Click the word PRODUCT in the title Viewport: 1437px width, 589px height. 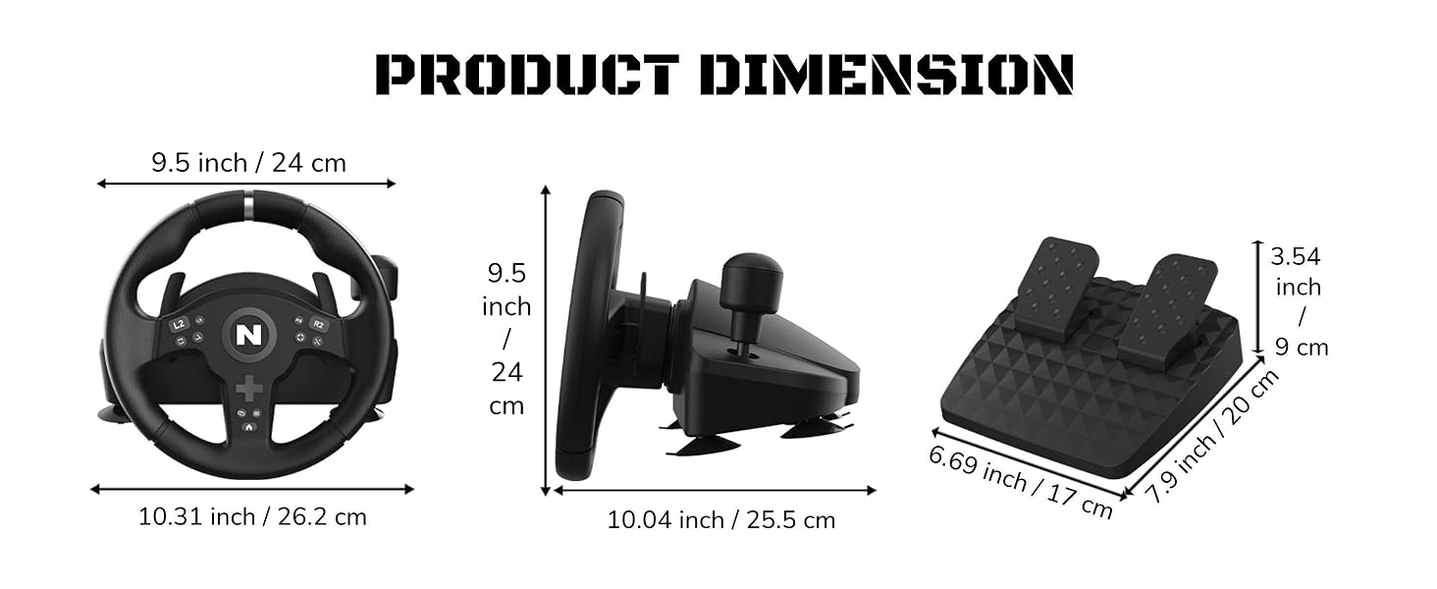coord(527,76)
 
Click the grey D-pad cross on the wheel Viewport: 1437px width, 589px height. coord(249,388)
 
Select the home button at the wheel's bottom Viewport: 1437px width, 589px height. coord(249,426)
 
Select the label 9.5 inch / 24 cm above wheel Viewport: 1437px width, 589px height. coord(248,162)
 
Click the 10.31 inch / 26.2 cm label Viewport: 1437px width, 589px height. coord(252,516)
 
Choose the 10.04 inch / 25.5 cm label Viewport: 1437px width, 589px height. coord(720,519)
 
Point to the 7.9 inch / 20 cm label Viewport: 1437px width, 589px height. coord(1214,437)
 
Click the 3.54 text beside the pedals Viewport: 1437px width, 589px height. coord(1296,257)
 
